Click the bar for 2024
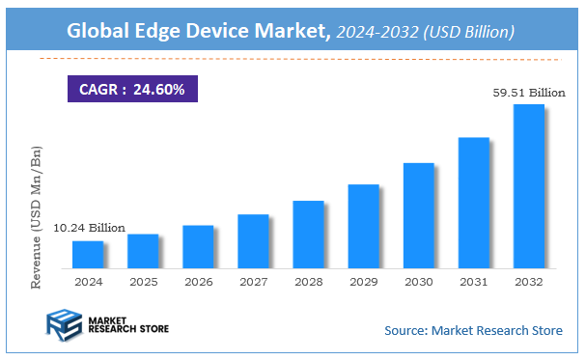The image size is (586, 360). pos(88,254)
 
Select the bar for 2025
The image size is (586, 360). pos(143,250)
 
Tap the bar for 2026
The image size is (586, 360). pos(198,246)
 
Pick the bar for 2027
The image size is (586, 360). pos(253,240)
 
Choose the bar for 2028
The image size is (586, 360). pos(308,234)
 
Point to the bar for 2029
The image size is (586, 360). pos(363,225)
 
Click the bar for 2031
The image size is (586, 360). pos(473,202)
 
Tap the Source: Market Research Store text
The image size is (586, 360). pos(473,331)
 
